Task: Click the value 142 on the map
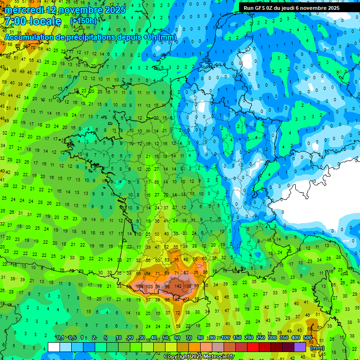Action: pos(178,286)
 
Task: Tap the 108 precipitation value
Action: pos(188,286)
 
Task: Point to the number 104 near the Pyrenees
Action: pos(139,286)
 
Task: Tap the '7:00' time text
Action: pos(15,22)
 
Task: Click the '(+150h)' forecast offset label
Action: pos(83,21)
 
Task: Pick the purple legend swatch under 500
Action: pos(300,347)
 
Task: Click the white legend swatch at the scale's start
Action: pos(54,347)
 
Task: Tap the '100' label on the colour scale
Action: pos(225,338)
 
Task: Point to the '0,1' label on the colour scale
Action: pos(60,338)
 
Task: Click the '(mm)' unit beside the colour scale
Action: pos(317,347)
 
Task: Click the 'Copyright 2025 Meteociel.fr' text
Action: pos(199,357)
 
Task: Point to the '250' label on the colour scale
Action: pos(261,338)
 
